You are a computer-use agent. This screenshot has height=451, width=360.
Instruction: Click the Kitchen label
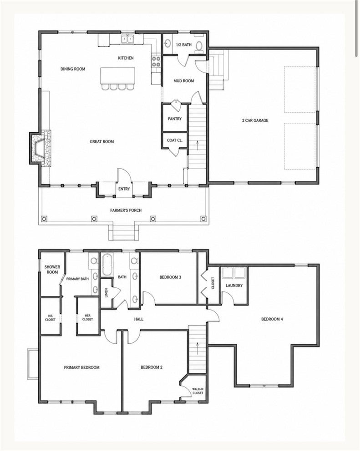click(126, 58)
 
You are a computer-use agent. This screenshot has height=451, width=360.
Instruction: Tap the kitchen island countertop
click(118, 75)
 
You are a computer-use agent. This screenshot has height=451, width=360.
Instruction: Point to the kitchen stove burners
click(156, 61)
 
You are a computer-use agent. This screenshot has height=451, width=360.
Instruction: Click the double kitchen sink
click(127, 39)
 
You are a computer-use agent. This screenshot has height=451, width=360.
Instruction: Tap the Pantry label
click(175, 119)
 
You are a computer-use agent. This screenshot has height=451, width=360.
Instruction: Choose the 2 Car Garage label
click(255, 120)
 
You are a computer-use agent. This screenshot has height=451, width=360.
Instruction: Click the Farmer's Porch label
click(126, 210)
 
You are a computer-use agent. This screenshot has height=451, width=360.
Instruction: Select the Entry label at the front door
click(124, 189)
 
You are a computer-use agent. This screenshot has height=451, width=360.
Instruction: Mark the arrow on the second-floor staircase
click(198, 348)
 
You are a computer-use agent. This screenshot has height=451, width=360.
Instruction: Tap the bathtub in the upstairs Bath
click(106, 265)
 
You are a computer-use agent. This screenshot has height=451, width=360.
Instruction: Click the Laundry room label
click(234, 286)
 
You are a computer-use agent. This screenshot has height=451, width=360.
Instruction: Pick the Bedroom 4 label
click(272, 319)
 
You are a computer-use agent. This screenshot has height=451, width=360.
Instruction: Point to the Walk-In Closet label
click(198, 391)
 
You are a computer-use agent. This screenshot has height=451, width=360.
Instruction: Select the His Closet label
click(50, 317)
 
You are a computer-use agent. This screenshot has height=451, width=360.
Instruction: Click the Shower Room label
click(52, 270)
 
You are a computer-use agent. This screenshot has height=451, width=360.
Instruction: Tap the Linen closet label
click(106, 293)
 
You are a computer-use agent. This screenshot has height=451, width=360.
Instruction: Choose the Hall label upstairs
click(139, 319)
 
